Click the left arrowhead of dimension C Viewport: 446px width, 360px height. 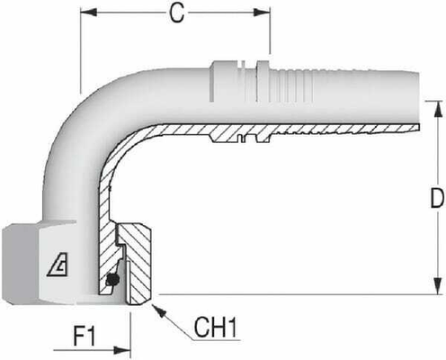(x=86, y=14)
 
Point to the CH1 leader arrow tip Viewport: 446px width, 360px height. (x=156, y=307)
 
